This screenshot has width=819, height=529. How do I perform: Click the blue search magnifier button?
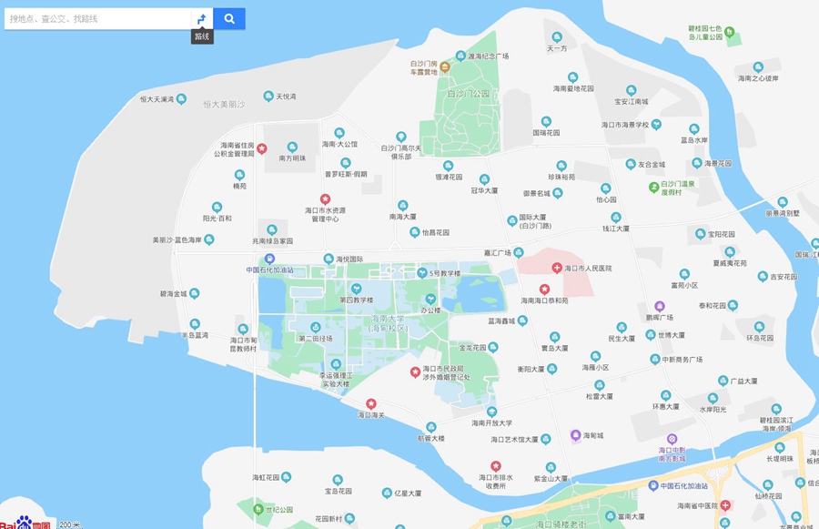tap(229, 18)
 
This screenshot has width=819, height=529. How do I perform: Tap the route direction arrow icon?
tap(201, 18)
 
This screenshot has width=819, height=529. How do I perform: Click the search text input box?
tap(96, 18)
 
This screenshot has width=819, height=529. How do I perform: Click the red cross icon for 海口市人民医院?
tap(557, 268)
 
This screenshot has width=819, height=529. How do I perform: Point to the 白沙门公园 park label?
tap(469, 94)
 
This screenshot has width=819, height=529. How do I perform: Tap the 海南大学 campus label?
tap(389, 322)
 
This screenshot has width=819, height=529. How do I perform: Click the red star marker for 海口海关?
tap(371, 403)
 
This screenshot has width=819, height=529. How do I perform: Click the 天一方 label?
tap(556, 48)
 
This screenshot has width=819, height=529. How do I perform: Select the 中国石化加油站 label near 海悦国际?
tap(269, 270)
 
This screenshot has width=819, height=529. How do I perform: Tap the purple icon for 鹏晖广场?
tap(660, 306)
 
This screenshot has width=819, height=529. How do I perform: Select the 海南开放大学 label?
tap(492, 422)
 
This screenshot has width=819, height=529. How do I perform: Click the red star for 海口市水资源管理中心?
tap(325, 198)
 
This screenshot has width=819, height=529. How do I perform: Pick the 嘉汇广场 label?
tap(499, 253)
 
